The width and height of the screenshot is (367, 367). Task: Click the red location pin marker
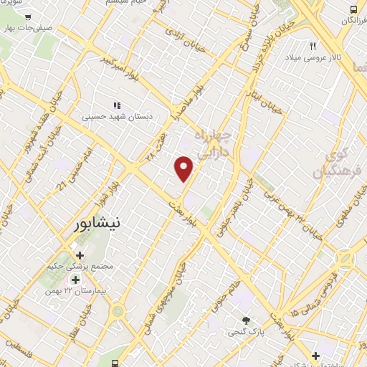184,167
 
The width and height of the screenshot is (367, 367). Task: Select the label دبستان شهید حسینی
116,115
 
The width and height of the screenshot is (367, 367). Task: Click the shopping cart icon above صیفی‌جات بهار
27,16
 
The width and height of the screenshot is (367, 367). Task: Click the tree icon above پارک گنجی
247,320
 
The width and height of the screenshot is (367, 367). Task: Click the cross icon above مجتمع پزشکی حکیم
79,254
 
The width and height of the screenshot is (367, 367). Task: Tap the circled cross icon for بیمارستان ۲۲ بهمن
75,279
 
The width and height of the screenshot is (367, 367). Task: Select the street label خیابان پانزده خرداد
267,44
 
